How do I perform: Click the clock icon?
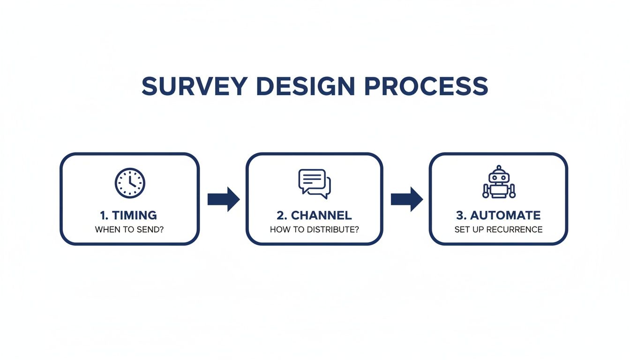[130, 183]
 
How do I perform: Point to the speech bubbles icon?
[315, 182]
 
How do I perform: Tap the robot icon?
[498, 182]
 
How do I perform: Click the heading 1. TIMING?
[128, 216]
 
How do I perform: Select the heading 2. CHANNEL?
[314, 216]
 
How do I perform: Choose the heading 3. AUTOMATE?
[498, 216]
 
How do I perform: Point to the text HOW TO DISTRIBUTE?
[314, 230]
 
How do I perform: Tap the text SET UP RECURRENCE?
[498, 230]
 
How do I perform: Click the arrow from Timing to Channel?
[223, 199]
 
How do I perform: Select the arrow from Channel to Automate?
[406, 199]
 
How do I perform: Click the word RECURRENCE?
[514, 230]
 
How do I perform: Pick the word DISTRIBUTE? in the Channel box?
[334, 230]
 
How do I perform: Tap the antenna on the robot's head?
[498, 168]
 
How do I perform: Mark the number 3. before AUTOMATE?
[460, 216]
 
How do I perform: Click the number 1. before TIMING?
[104, 216]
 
